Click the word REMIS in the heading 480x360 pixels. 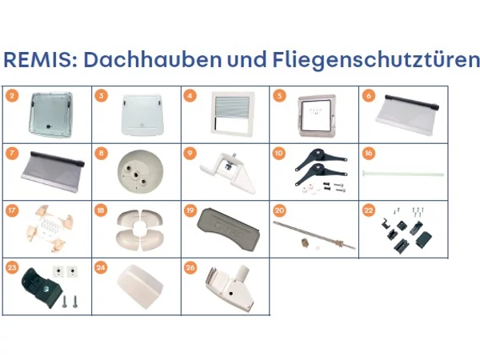[x=38, y=59]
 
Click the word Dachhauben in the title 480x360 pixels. [x=153, y=59]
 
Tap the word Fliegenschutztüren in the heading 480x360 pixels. [x=376, y=60]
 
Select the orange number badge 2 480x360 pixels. [x=12, y=96]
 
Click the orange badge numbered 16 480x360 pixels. [x=368, y=153]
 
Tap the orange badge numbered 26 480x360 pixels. [x=190, y=267]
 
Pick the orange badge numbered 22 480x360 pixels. [x=368, y=210]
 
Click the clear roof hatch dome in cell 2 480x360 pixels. [x=51, y=114]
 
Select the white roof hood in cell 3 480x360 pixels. [x=142, y=114]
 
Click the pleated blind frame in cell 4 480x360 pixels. [x=232, y=114]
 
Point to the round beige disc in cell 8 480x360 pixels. [x=140, y=172]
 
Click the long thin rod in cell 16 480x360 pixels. [x=403, y=174]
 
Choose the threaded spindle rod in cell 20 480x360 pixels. [x=314, y=234]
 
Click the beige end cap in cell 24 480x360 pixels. [x=140, y=286]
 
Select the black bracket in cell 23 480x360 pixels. [x=42, y=287]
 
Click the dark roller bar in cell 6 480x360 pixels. [x=412, y=102]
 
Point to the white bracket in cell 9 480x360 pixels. [x=228, y=172]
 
